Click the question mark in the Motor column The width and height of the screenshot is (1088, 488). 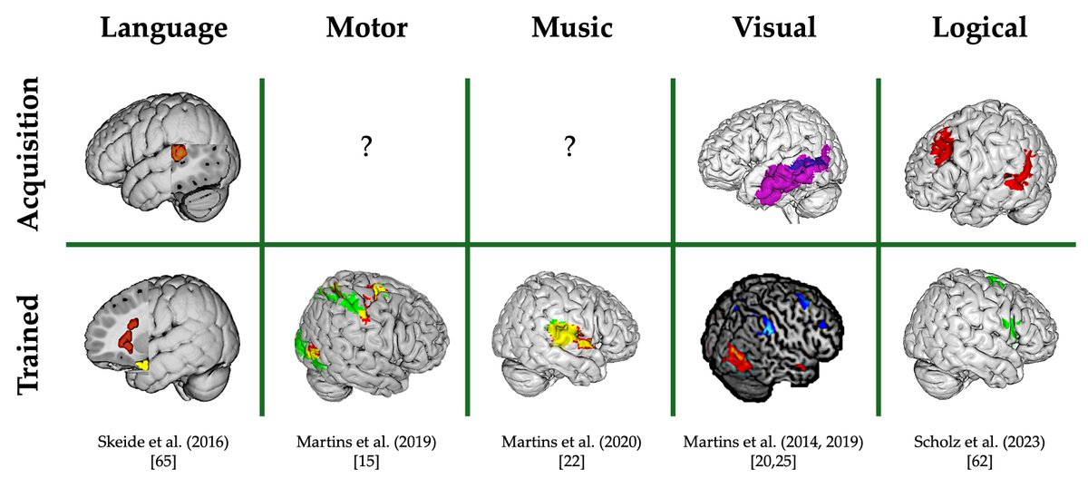366,149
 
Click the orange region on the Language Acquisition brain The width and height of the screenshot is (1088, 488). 180,153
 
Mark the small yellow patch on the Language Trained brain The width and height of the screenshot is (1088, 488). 140,364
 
